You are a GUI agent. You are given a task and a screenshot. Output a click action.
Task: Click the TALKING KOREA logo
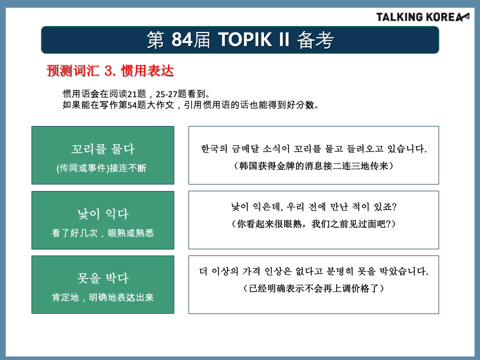point(422,17)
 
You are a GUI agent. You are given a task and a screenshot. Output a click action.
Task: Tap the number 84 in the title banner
point(182,40)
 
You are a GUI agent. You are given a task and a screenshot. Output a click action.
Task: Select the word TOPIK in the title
point(245,40)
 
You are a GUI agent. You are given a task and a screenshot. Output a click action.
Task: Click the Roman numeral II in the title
point(284,40)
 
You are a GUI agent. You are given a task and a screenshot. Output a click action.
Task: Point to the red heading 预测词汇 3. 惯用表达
point(110,71)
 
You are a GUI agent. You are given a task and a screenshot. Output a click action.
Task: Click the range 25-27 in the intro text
point(166,94)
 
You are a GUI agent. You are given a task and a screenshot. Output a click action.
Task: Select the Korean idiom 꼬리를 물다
point(103,149)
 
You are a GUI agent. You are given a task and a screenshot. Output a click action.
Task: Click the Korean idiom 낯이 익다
point(103,214)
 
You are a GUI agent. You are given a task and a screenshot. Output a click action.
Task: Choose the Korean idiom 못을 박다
point(103,278)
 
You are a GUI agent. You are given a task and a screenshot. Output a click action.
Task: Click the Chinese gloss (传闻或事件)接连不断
point(102,168)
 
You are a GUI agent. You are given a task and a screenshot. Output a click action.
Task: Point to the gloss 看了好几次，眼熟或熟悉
point(103,233)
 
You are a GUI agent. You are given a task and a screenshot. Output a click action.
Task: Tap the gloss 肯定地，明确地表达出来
point(103,298)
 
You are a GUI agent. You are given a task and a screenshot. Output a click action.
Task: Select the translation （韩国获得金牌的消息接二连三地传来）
point(314,166)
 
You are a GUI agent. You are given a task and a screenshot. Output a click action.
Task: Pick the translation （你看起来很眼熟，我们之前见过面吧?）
point(314,224)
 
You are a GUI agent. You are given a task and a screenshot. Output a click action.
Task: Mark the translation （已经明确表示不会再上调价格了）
point(314,288)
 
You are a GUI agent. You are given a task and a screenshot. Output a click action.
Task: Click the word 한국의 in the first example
point(214,149)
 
